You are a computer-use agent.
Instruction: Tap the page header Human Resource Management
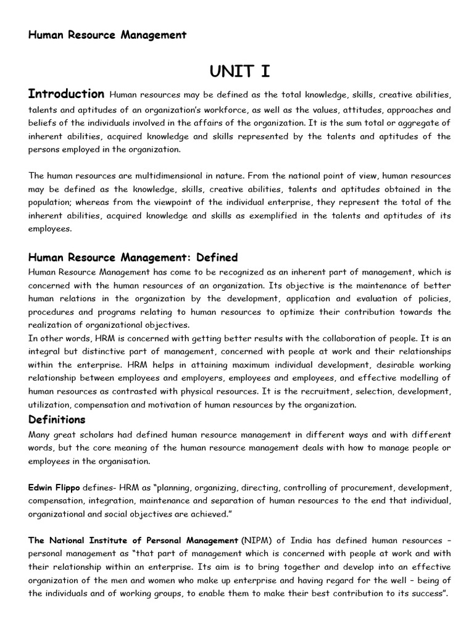click(107, 35)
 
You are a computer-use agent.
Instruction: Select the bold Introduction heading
click(66, 94)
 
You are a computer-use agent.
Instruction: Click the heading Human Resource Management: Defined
click(133, 257)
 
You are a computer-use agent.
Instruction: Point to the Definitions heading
click(57, 420)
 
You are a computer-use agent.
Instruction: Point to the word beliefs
click(43, 123)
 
